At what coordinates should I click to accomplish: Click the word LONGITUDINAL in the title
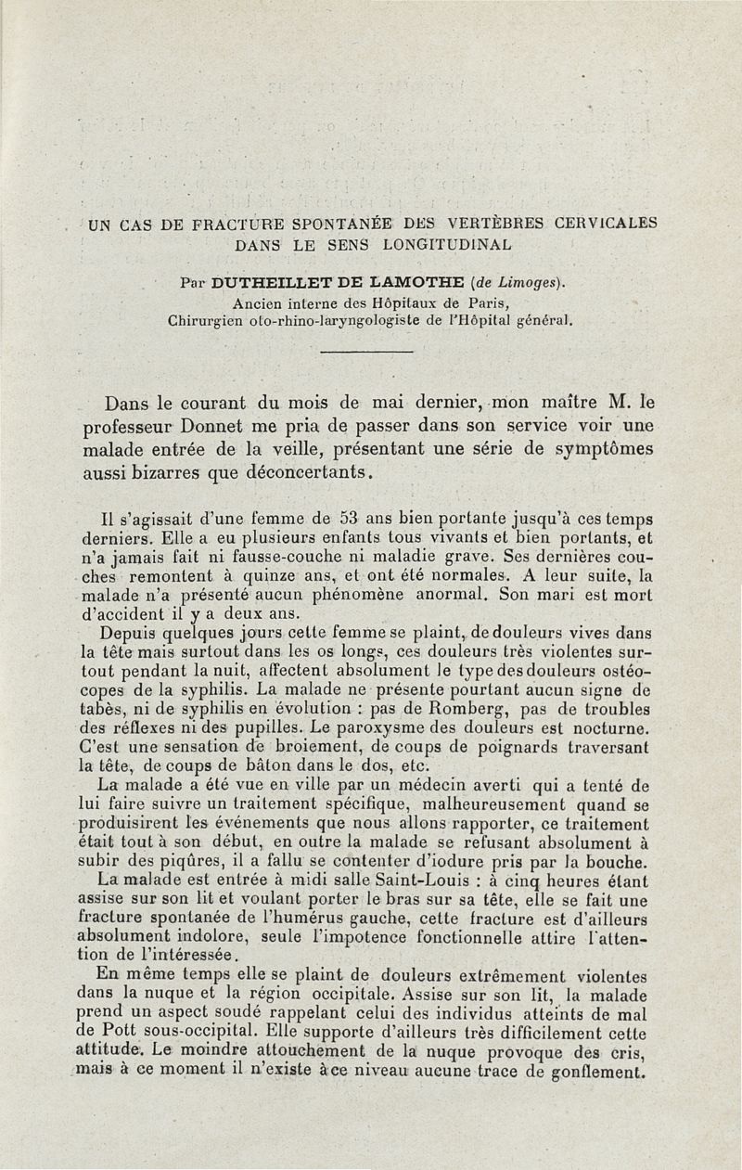tap(441, 245)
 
